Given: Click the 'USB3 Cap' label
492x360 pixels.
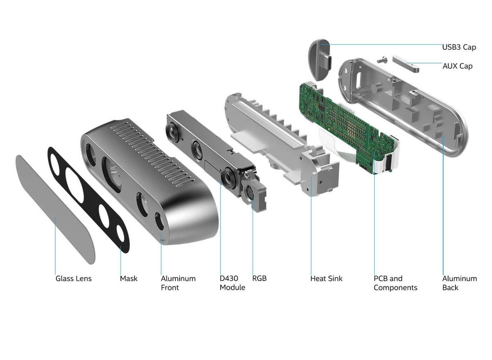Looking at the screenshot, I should click(x=459, y=47).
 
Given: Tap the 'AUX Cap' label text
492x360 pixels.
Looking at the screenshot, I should click(x=457, y=66).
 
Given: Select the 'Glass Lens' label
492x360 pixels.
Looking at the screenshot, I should click(x=73, y=279).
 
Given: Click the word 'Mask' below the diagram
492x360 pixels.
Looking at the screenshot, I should click(x=129, y=279).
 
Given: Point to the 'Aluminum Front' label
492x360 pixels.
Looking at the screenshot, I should click(x=178, y=283).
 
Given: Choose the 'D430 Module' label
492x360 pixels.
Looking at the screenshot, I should click(x=232, y=283).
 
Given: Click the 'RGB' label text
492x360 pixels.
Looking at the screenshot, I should click(x=259, y=279).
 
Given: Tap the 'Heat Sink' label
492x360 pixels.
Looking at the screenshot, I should click(x=326, y=279).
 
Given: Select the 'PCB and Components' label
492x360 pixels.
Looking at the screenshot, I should click(x=395, y=283).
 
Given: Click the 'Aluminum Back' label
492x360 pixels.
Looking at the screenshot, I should click(x=459, y=283).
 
